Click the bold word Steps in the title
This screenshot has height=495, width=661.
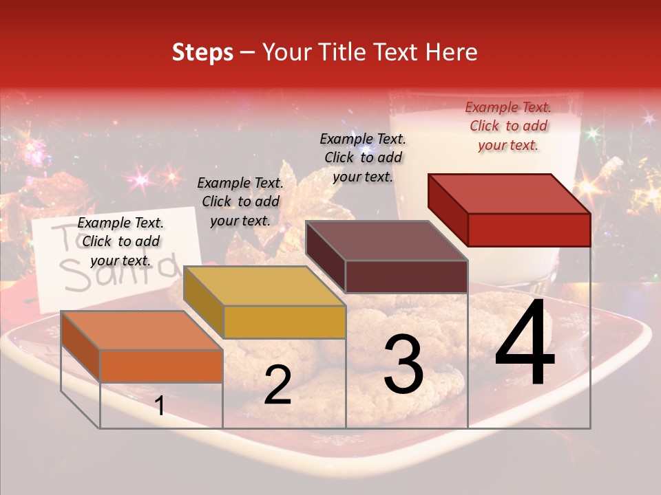click(x=202, y=52)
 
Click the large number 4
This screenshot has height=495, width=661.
click(x=525, y=345)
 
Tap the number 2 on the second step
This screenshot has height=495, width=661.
click(x=277, y=386)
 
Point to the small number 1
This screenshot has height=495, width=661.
click(x=160, y=406)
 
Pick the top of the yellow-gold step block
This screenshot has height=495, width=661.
click(x=264, y=286)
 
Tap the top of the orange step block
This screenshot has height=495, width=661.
click(x=142, y=330)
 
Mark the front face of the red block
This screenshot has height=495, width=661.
click(x=529, y=230)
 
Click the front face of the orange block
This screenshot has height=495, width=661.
click(x=161, y=366)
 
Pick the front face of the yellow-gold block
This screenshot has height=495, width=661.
click(x=284, y=322)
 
